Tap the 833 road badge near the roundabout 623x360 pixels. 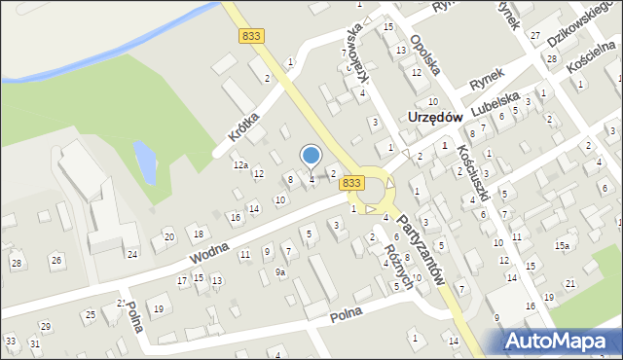click(x=352, y=183)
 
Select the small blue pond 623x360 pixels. click(x=144, y=162)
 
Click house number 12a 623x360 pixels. click(x=239, y=165)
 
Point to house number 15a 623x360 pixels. click(x=562, y=246)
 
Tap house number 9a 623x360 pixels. click(x=279, y=272)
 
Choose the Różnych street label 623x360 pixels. click(x=399, y=264)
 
